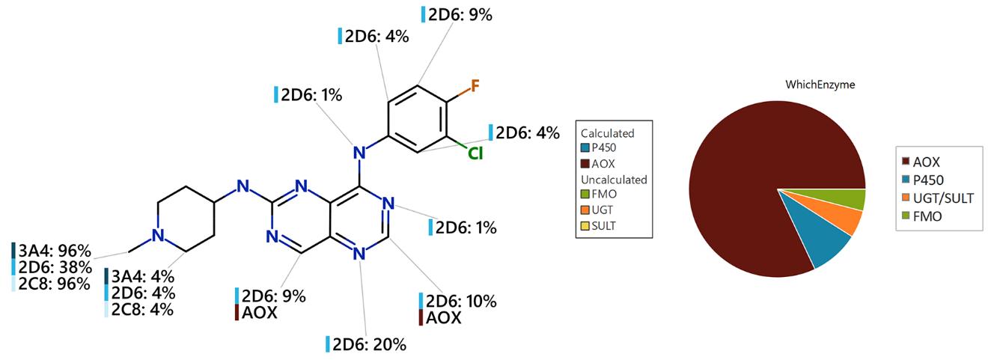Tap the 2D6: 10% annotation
[x=461, y=302]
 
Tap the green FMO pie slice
[x=853, y=198]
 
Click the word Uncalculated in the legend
[x=615, y=180]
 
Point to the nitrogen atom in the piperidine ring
[x=157, y=237]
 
